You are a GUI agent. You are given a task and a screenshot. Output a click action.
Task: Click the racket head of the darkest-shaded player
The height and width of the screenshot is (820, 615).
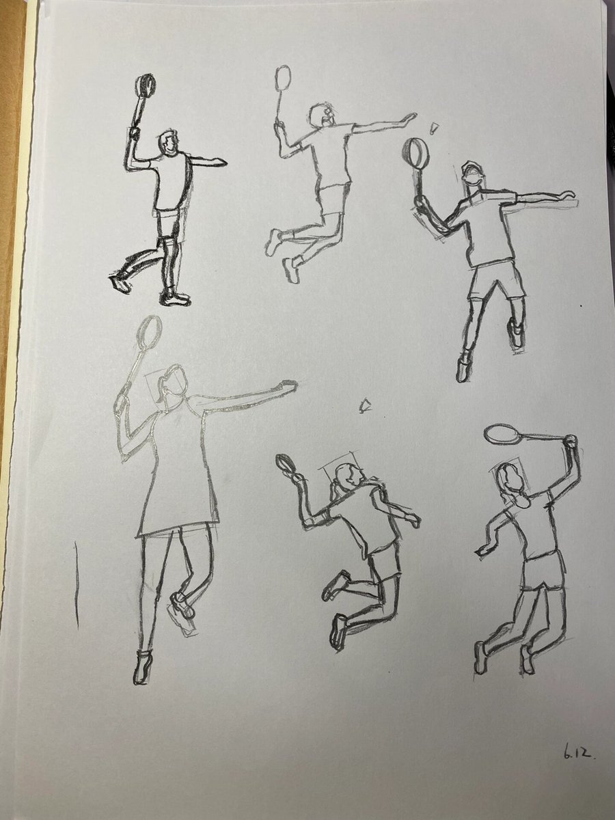click(146, 86)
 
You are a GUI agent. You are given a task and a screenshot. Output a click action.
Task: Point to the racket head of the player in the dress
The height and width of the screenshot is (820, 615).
click(150, 330)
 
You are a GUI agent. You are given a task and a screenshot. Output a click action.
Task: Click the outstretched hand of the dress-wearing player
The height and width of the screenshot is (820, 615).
click(287, 385)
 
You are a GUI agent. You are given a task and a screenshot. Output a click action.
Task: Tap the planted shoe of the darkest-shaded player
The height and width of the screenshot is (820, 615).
click(174, 298)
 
